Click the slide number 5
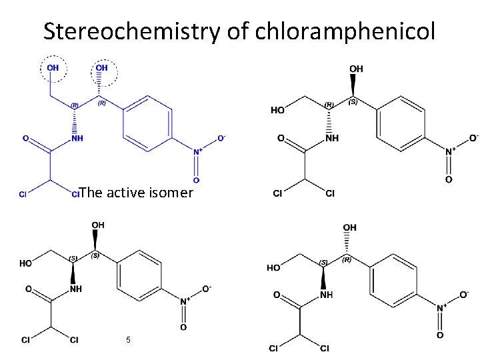128,340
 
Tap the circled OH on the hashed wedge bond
102,68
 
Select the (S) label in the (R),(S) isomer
353,102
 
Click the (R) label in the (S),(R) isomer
347,260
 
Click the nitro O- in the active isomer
221,139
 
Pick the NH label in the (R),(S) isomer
331,138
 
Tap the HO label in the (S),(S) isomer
26,263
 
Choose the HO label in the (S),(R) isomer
273,267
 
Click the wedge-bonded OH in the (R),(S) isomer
356,69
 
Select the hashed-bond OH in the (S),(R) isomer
349,229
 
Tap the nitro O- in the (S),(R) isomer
464,294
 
